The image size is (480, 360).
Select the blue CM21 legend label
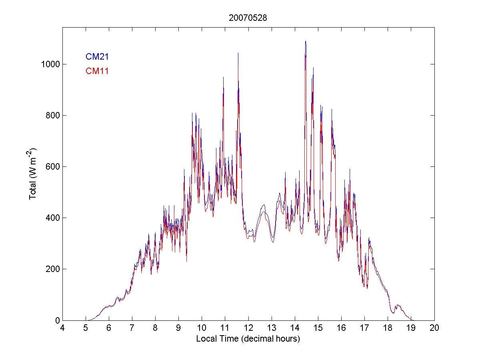point(97,57)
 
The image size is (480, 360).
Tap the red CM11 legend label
point(97,71)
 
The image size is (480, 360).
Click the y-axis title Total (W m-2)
point(33,174)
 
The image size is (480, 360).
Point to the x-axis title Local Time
point(248,339)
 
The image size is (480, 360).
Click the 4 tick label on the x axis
point(62,328)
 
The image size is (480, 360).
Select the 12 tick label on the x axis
point(248,328)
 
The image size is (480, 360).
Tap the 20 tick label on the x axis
point(434,328)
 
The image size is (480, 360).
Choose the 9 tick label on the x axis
point(178,328)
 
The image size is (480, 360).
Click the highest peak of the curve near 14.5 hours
point(306,41)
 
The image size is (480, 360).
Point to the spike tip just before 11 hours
point(223,77)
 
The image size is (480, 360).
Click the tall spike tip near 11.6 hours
point(238,53)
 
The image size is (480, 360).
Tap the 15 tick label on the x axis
point(318,328)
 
